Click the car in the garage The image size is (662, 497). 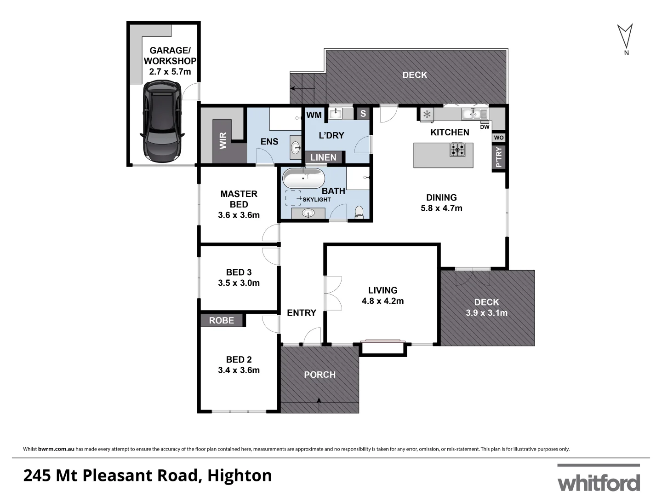point(162,121)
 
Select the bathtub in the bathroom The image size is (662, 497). point(303,179)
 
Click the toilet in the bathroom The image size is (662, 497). point(360,212)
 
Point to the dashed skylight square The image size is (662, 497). point(293,198)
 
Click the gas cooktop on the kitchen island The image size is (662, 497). point(457,150)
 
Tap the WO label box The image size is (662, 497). point(499,138)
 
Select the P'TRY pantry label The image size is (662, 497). point(499,157)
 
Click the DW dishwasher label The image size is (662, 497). point(485,127)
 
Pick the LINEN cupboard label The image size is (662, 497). point(323,157)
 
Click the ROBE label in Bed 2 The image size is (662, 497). point(222,320)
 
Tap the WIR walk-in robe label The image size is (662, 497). point(223,141)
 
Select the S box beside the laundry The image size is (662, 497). point(363,113)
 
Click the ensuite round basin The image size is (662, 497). point(296,147)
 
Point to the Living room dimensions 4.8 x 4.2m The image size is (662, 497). point(382,301)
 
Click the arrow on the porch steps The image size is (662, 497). point(319,402)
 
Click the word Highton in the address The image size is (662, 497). point(240,475)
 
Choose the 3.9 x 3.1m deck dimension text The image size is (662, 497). point(486,313)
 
